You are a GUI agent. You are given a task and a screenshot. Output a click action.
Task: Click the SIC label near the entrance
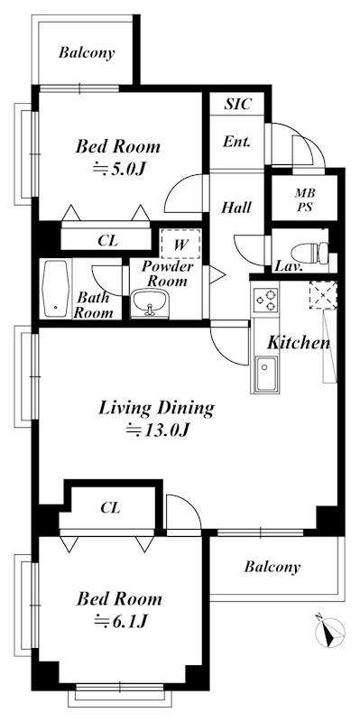pos(237,104)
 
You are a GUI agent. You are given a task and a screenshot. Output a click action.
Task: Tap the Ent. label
pos(237,142)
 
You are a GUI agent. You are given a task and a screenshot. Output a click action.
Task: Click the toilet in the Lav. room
pos(309,253)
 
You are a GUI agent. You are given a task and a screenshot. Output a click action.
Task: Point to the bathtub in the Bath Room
pos(56,288)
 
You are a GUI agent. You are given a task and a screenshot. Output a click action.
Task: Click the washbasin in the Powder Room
pos(149,303)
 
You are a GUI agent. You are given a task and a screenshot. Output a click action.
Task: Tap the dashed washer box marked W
pos(181,244)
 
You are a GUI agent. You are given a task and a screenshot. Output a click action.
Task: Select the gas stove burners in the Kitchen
pos(266,301)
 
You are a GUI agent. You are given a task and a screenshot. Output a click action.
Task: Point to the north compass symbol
pos(330,634)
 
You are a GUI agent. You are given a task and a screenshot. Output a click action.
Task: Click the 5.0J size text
pos(119,170)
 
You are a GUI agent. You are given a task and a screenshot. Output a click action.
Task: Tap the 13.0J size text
pos(158,430)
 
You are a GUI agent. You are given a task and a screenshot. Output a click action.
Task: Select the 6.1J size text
pos(120,622)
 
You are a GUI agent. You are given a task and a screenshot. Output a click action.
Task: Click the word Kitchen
pos(300,343)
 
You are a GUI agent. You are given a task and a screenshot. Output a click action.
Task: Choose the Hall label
pos(236,208)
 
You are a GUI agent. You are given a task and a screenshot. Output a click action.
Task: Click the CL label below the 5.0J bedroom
pos(108,240)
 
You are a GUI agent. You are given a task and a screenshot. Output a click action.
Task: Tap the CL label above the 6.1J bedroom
pos(110,508)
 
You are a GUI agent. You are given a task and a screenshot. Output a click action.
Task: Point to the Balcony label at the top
pos(87,53)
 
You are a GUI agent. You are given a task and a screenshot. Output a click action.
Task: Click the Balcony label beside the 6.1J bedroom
pos(272,567)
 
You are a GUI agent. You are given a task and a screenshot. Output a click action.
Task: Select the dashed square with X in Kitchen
pos(323,295)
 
